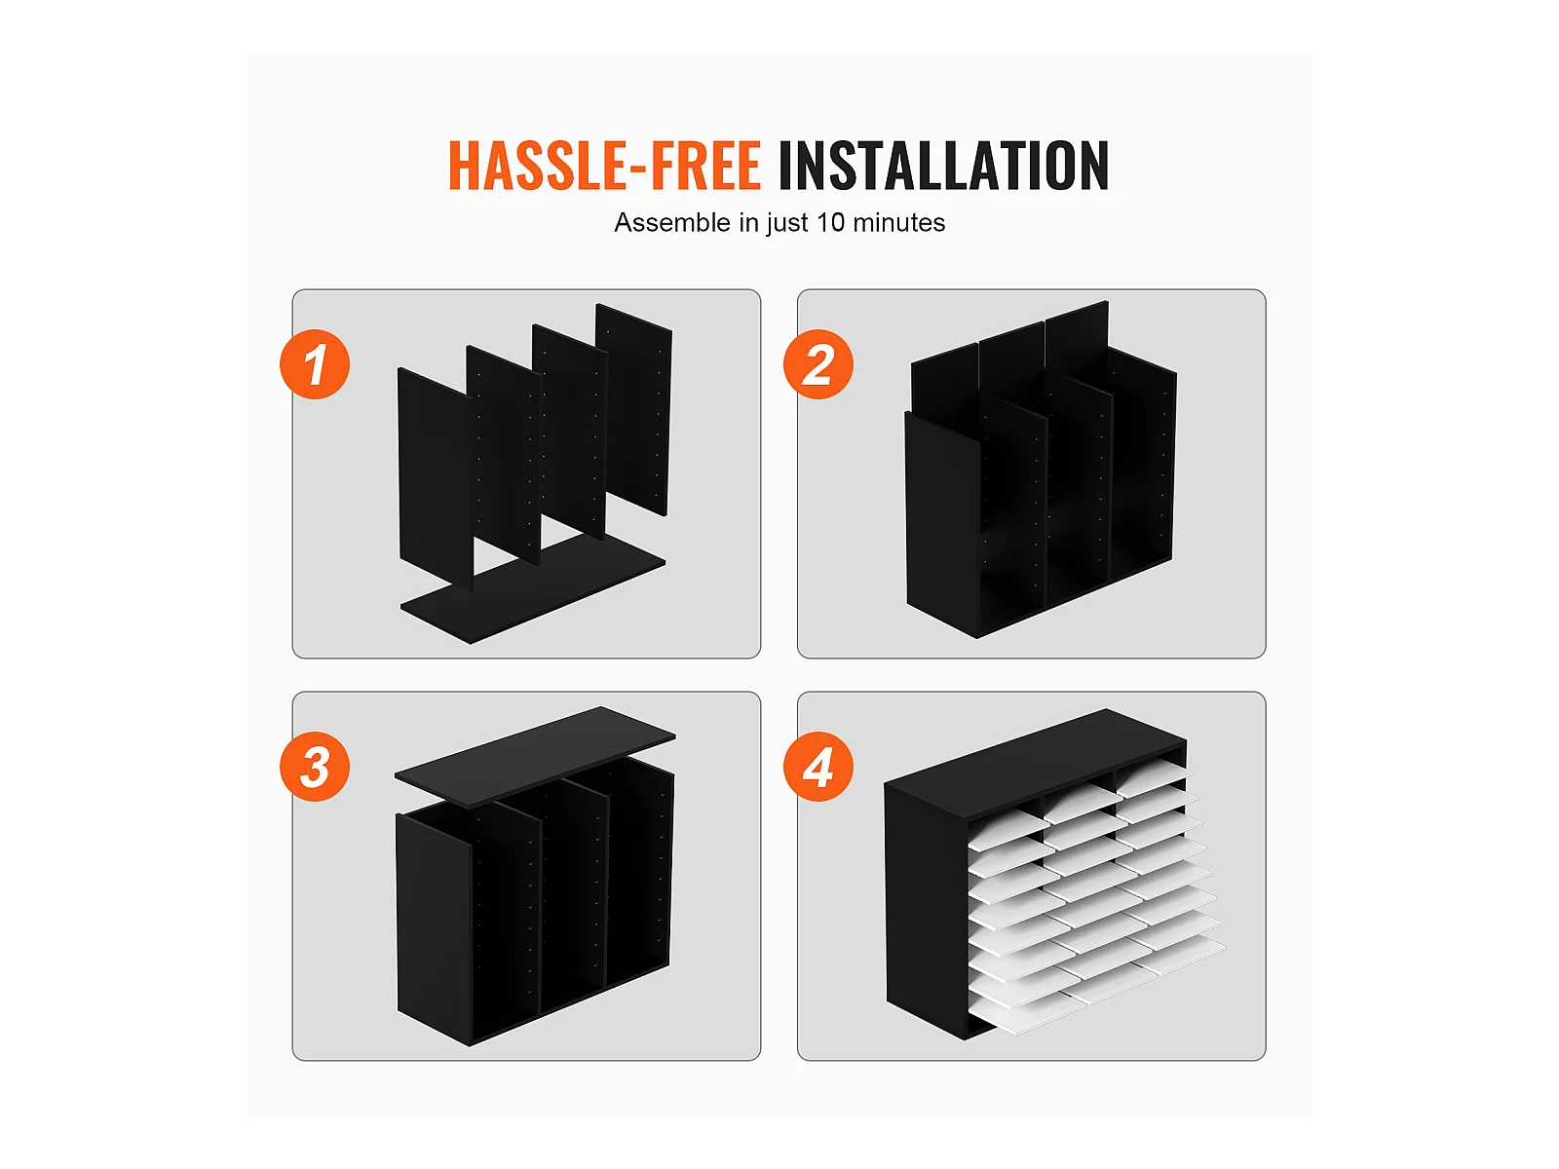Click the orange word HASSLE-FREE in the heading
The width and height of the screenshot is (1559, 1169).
pos(604,166)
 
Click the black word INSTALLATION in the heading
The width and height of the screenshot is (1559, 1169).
pos(943,166)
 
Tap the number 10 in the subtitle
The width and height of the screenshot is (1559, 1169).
pos(830,223)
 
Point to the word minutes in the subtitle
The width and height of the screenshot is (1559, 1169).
pos(898,223)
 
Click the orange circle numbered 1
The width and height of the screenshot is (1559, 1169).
pos(315,364)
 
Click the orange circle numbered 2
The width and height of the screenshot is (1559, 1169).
pos(818,364)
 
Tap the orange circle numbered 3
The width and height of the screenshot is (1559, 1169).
pos(315,767)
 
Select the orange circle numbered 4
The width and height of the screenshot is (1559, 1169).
pos(818,767)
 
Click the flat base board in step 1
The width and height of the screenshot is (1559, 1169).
pos(533,589)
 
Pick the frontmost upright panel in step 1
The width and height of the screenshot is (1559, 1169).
pos(437,480)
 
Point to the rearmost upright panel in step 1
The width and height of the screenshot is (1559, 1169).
pos(634,409)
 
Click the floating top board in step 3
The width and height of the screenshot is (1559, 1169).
pos(535,757)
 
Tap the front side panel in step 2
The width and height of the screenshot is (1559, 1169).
pos(942,525)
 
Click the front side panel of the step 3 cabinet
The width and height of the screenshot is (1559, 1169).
pos(434,929)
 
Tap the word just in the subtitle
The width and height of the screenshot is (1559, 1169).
pos(787,224)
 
